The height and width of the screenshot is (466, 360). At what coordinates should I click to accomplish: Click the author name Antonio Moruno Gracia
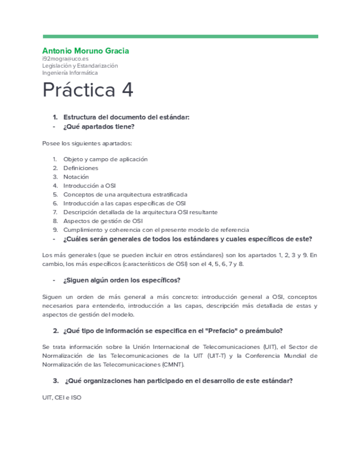click(86, 51)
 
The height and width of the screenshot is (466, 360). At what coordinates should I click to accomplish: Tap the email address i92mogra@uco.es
click(65, 58)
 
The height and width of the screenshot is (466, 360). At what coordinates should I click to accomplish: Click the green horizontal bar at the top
click(180, 37)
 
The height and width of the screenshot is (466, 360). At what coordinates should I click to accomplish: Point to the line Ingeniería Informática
click(70, 73)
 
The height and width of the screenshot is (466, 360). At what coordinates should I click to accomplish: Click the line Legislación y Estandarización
click(80, 65)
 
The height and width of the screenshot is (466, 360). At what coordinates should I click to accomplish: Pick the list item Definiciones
click(81, 168)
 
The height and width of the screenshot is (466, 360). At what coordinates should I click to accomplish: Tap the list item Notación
click(76, 176)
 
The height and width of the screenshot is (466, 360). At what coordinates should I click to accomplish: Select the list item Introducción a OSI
click(90, 185)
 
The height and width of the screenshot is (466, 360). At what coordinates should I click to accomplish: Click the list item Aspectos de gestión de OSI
click(103, 220)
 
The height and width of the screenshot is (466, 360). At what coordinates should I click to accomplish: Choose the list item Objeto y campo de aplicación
click(106, 159)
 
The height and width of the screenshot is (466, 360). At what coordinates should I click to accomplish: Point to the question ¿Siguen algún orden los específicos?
click(122, 280)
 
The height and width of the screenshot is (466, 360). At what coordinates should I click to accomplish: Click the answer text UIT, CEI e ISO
click(62, 397)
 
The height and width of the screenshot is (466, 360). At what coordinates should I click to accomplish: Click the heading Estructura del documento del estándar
click(126, 117)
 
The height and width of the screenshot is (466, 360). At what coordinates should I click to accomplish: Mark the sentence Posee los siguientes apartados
click(87, 143)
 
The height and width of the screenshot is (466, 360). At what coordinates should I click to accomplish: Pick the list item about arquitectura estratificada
click(125, 194)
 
